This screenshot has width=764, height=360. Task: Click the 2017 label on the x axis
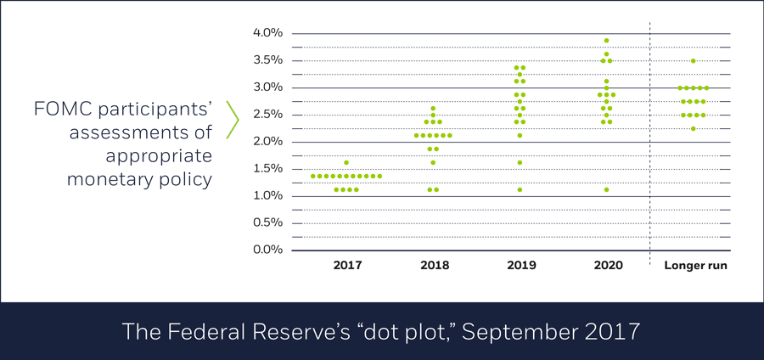coord(347,266)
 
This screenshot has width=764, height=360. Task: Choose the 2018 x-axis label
coord(434,266)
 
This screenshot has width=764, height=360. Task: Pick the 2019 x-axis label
coord(520,266)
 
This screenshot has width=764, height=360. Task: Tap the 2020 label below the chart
coord(607,266)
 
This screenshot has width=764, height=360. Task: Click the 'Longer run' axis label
coord(694,266)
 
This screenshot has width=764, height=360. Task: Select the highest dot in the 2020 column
coord(606,41)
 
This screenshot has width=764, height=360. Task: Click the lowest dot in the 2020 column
coord(606,189)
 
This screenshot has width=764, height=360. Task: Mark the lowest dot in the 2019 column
coord(520,189)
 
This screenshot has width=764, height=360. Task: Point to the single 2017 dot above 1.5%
coord(346,162)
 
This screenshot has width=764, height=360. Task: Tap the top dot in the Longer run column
coord(694,61)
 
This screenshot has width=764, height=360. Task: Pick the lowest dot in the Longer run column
coord(694,129)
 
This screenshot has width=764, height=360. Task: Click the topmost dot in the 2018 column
coord(433,109)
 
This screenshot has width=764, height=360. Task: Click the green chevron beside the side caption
coord(233,120)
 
